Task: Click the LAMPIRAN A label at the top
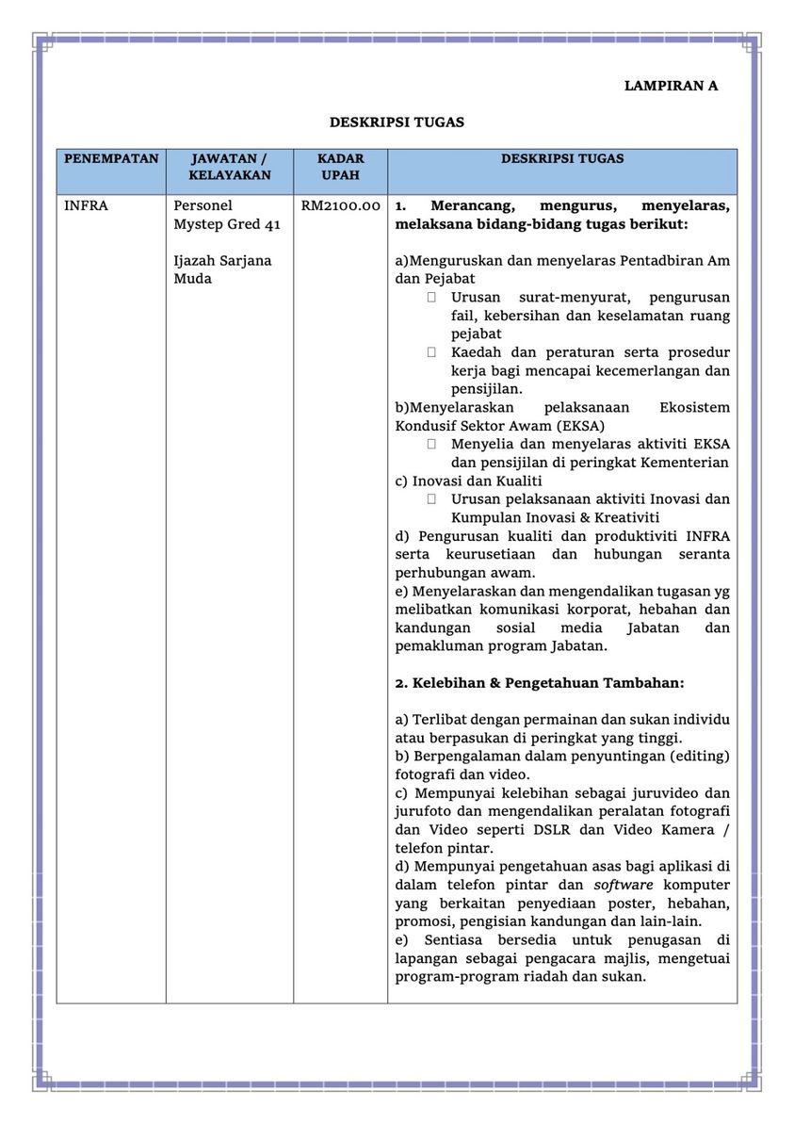click(671, 86)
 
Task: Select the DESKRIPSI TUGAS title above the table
click(397, 122)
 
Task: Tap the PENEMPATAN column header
click(111, 159)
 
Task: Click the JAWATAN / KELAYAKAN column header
click(229, 167)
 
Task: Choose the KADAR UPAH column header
click(340, 167)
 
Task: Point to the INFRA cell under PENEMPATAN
click(86, 205)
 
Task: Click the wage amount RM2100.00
click(341, 205)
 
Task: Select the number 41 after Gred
click(271, 224)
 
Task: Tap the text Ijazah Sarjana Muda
click(222, 269)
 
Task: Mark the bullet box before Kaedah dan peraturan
click(431, 352)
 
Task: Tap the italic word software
click(623, 886)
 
